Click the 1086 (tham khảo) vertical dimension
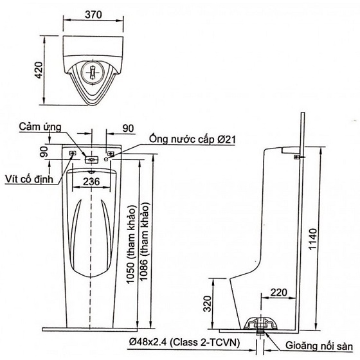(x=148, y=242)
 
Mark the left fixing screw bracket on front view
(x=73, y=154)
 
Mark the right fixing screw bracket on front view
(x=111, y=154)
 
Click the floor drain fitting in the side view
(x=262, y=324)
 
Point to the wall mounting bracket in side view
(x=296, y=156)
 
